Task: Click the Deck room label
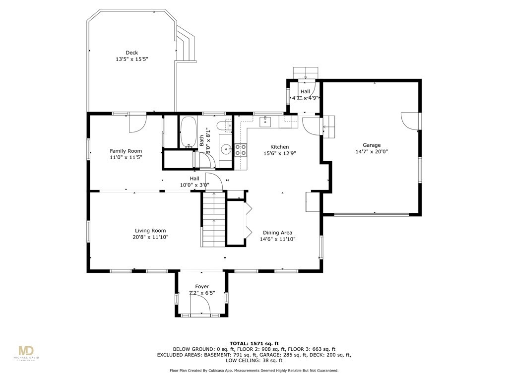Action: coord(131,53)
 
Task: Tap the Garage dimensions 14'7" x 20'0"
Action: coord(372,152)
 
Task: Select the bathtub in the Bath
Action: coord(188,132)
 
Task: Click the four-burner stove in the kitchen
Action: coord(241,150)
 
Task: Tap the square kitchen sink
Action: coord(264,121)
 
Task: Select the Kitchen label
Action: coord(279,147)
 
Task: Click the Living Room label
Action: coord(150,231)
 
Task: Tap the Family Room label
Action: coord(126,151)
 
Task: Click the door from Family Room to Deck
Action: coord(137,123)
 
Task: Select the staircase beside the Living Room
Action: coord(213,220)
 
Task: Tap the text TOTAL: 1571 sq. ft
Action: coord(254,343)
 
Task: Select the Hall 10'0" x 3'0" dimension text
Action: coord(194,185)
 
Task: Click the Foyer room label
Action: coord(202,287)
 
